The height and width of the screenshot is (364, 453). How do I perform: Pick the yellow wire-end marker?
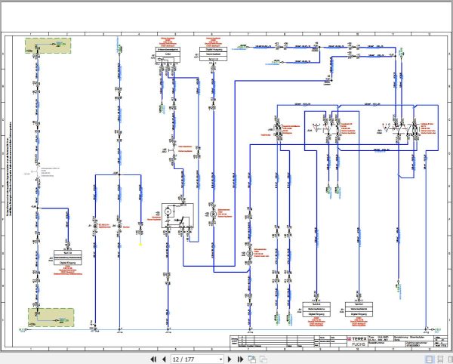point(140,243)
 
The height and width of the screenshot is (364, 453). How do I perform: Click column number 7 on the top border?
point(247,35)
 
